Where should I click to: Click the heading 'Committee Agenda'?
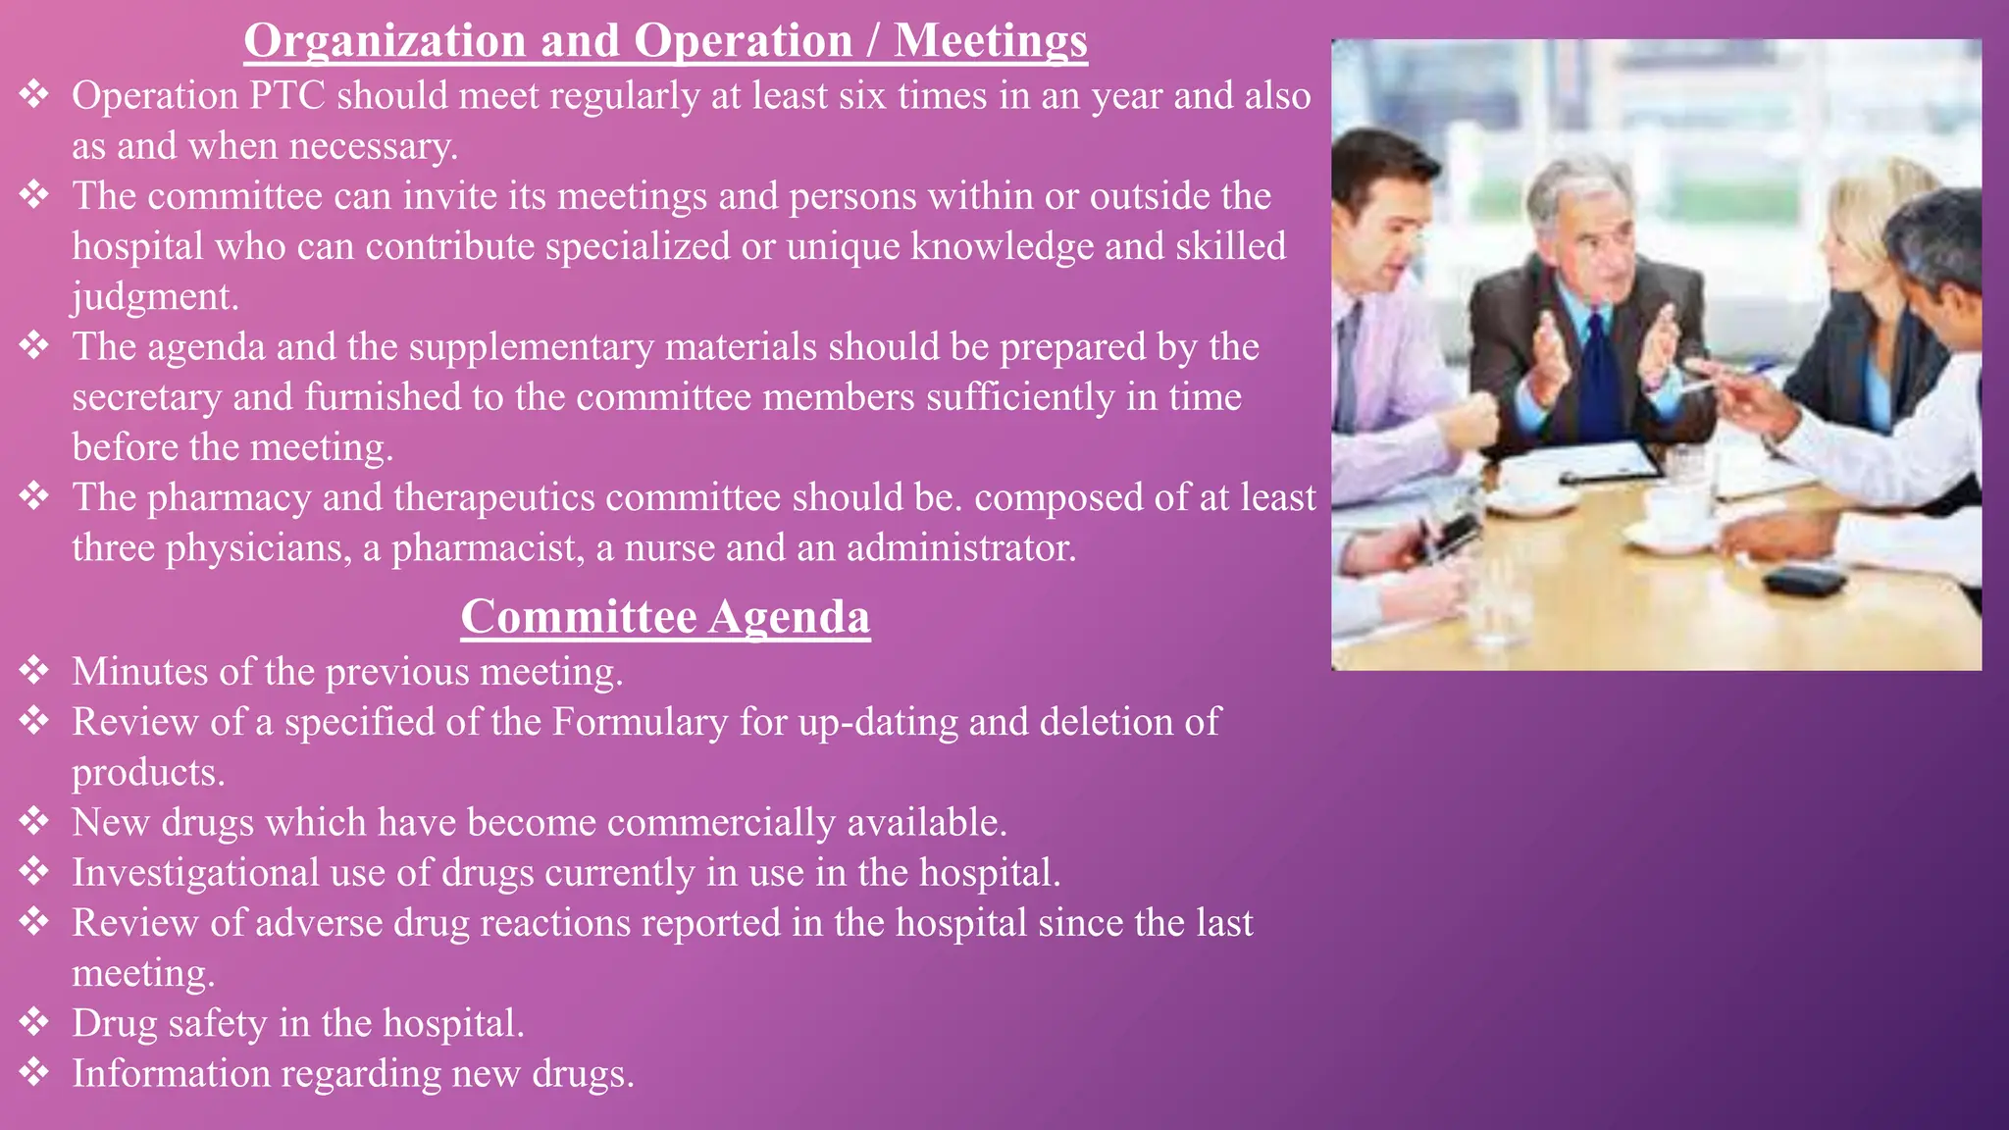(x=665, y=617)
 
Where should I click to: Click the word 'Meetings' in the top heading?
(x=990, y=41)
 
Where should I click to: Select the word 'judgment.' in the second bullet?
(x=155, y=296)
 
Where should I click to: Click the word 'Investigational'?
(x=195, y=873)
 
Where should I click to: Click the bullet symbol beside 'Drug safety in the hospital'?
(x=34, y=1022)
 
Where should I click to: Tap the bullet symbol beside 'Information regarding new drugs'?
(x=34, y=1072)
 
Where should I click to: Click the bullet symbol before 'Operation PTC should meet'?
(x=34, y=94)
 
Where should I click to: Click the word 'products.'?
(x=148, y=773)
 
